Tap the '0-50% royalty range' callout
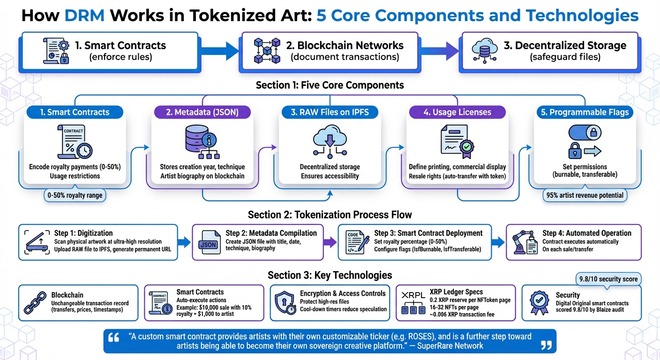pyautogui.click(x=75, y=195)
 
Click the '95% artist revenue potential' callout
pyautogui.click(x=585, y=195)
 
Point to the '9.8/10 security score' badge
pyautogui.click(x=608, y=279)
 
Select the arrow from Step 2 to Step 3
pyautogui.click(x=330, y=242)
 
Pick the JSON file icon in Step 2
pyautogui.click(x=208, y=242)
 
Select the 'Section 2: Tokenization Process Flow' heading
pyautogui.click(x=330, y=215)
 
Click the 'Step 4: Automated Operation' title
pyautogui.click(x=586, y=233)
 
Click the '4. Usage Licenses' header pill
pyautogui.click(x=457, y=112)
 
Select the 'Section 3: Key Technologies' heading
pyautogui.click(x=330, y=275)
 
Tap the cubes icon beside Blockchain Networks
pyautogui.click(x=266, y=51)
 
